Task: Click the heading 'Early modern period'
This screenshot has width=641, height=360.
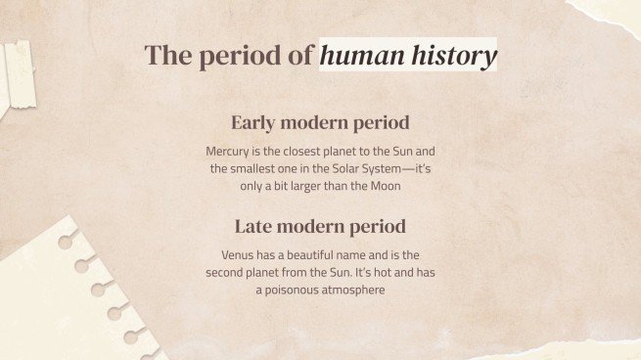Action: [320, 123]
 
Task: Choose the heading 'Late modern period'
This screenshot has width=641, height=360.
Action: [320, 227]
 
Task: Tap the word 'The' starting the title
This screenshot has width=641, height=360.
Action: [167, 56]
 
